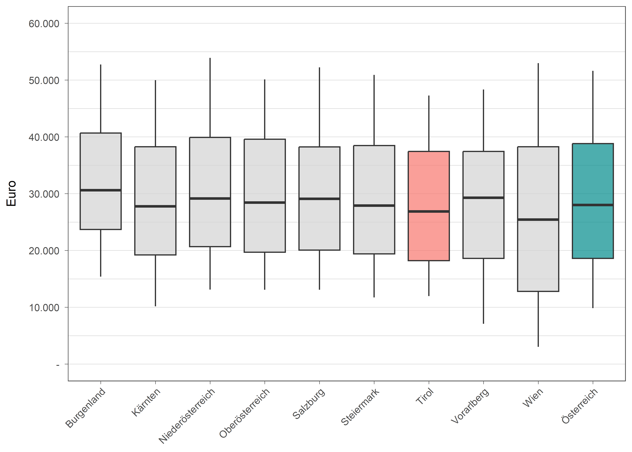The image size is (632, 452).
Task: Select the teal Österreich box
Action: point(593,175)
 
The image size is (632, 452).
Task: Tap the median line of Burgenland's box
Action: point(101,190)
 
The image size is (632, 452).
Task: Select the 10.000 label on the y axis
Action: point(44,308)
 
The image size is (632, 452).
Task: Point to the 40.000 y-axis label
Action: point(44,137)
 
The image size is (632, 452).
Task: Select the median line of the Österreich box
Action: point(593,205)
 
